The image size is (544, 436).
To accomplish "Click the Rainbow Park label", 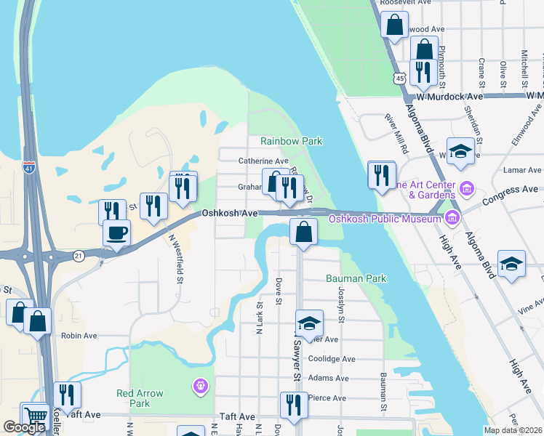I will (291, 141).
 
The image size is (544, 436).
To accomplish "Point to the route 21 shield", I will (78, 255).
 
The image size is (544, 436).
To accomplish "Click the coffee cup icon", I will (116, 233).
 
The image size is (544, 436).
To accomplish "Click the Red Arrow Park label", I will (140, 398).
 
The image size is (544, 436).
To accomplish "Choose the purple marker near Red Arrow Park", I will (200, 385).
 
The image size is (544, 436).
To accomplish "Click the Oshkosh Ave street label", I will (230, 213).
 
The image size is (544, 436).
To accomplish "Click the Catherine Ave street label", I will (264, 161).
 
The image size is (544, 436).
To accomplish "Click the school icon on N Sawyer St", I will (309, 323).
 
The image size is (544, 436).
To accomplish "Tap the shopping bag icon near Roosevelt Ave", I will (393, 24).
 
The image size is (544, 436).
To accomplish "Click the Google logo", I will (23, 427).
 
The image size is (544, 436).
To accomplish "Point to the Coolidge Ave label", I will (331, 359).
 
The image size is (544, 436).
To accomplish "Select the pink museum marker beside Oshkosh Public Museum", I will (452, 217).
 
